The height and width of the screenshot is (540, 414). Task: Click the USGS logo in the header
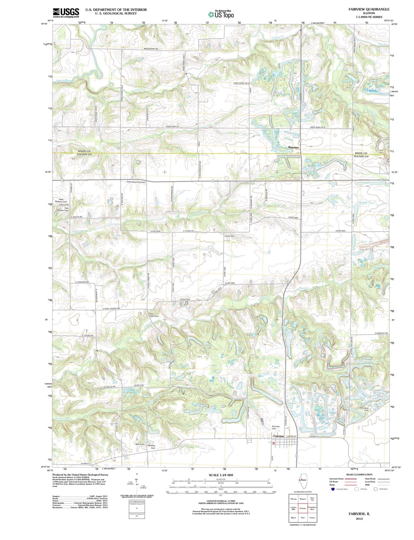click(66, 12)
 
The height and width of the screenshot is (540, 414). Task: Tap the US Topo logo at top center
click(221, 14)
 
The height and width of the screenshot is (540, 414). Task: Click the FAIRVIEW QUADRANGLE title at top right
click(369, 9)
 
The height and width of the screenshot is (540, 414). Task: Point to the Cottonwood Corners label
click(136, 182)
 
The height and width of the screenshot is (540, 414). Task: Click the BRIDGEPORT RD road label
click(151, 49)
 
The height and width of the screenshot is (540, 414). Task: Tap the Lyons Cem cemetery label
click(229, 236)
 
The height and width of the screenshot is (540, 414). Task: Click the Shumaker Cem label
click(364, 409)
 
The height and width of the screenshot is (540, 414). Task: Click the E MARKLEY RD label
click(381, 333)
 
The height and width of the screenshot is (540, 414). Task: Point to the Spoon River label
click(64, 80)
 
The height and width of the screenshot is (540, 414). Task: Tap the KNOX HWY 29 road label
click(173, 127)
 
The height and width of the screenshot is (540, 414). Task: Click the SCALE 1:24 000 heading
click(221, 475)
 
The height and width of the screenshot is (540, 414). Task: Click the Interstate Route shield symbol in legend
click(332, 489)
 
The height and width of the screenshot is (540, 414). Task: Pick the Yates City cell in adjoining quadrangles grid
click(312, 499)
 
